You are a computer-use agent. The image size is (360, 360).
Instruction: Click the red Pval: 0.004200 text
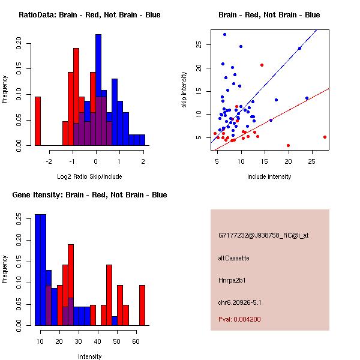coord(239,319)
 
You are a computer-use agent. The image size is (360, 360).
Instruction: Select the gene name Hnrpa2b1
coord(232,280)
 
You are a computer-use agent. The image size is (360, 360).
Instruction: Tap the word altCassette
coord(233,258)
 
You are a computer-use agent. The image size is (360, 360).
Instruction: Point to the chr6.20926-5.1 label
coord(239,302)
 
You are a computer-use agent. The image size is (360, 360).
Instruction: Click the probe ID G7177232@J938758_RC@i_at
coord(263,235)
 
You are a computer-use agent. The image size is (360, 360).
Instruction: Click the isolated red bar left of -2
coord(38,121)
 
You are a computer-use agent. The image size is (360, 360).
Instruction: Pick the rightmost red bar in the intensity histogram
coord(142,305)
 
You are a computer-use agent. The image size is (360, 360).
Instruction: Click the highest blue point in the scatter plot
coord(224,34)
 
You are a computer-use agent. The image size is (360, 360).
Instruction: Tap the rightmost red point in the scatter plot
coord(325,137)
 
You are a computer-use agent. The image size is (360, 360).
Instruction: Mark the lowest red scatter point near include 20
coord(288,145)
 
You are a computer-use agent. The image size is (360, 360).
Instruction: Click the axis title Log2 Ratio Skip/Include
coord(89,176)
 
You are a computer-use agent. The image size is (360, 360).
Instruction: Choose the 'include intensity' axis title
coord(269,176)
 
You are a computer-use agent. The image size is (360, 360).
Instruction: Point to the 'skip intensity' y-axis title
coord(184,89)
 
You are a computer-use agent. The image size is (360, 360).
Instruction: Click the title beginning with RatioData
coord(89,14)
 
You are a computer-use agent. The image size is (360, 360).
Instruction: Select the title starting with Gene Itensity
coord(89,194)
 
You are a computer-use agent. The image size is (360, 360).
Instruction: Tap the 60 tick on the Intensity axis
coord(136,341)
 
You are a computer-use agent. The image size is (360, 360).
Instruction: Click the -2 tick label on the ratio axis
coord(49,161)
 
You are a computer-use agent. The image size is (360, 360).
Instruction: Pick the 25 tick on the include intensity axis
coord(311,161)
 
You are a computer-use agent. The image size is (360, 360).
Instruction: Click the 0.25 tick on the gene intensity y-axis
coord(19,219)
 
